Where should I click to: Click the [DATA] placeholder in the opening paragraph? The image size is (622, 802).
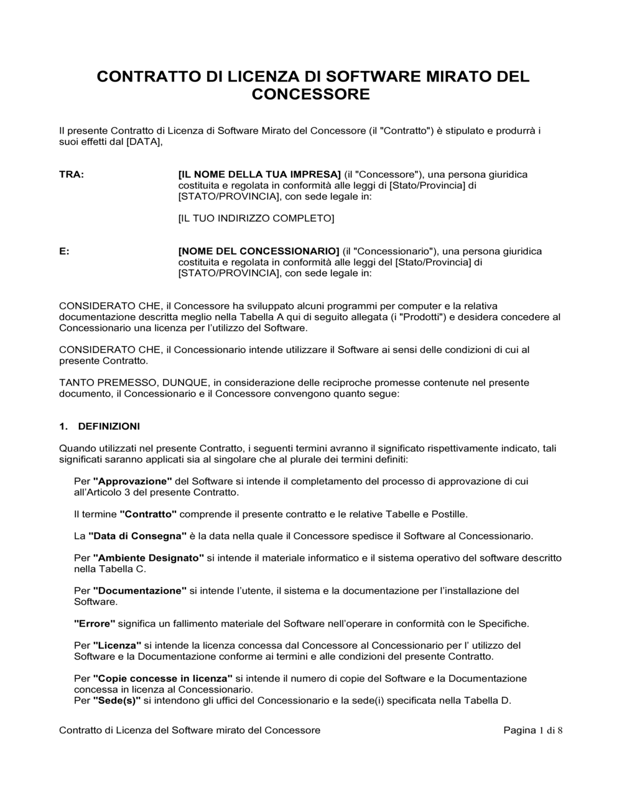click(144, 142)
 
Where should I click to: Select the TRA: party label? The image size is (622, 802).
click(72, 175)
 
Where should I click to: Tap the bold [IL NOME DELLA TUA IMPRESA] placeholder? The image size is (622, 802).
click(259, 175)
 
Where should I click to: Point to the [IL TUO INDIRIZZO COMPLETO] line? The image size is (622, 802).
click(256, 218)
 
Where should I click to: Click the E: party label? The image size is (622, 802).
click(64, 251)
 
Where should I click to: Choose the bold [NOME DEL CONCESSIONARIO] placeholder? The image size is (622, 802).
click(259, 251)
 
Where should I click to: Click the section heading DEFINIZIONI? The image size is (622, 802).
click(109, 426)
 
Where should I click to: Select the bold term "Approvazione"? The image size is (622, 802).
click(132, 481)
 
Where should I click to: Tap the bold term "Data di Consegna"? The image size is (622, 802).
click(137, 536)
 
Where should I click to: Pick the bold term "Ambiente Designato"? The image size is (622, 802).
click(149, 558)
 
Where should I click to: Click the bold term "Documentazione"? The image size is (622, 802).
click(140, 591)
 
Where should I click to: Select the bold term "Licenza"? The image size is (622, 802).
click(117, 645)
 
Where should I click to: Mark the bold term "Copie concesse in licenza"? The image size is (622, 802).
click(163, 678)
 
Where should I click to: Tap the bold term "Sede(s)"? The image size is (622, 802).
click(117, 701)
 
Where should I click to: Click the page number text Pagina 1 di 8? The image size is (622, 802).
click(532, 731)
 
